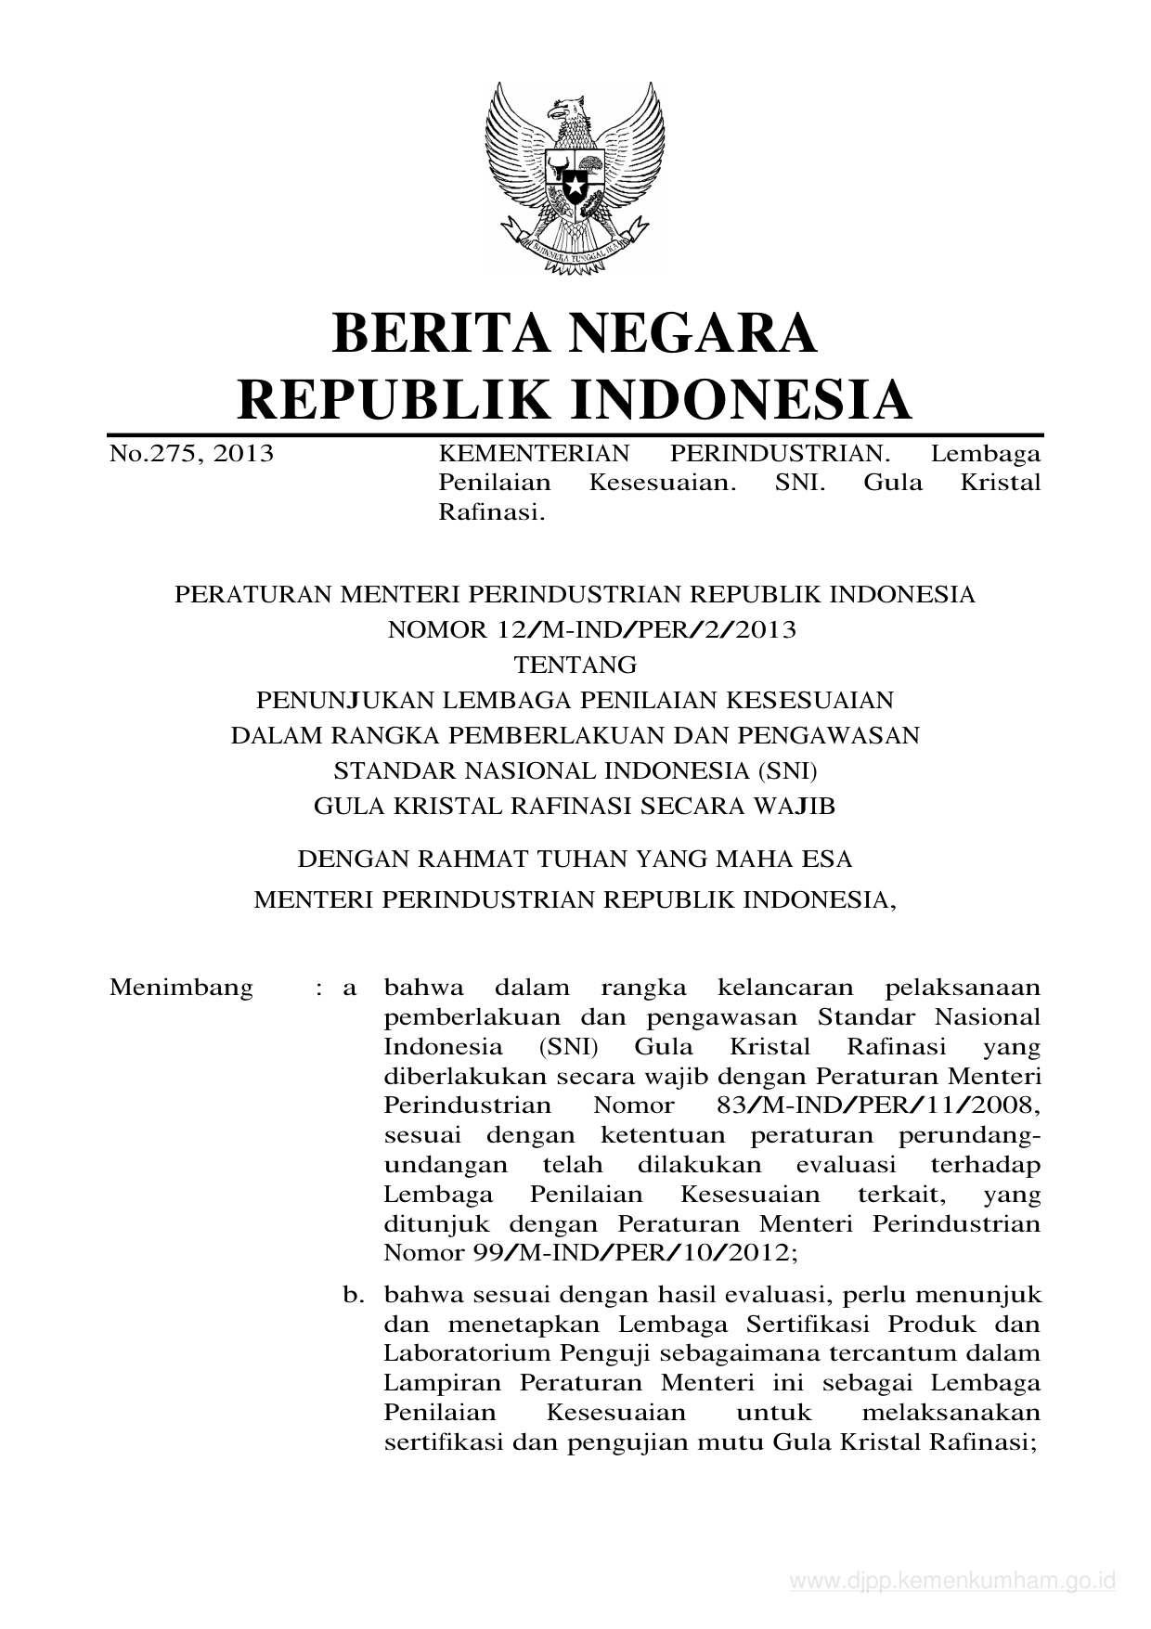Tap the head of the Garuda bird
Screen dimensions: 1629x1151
point(567,111)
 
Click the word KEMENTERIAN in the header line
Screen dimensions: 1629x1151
point(534,454)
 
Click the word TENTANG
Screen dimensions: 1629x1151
point(575,666)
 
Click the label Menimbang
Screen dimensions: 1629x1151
point(181,987)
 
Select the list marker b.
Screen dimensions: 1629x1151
point(353,1294)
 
